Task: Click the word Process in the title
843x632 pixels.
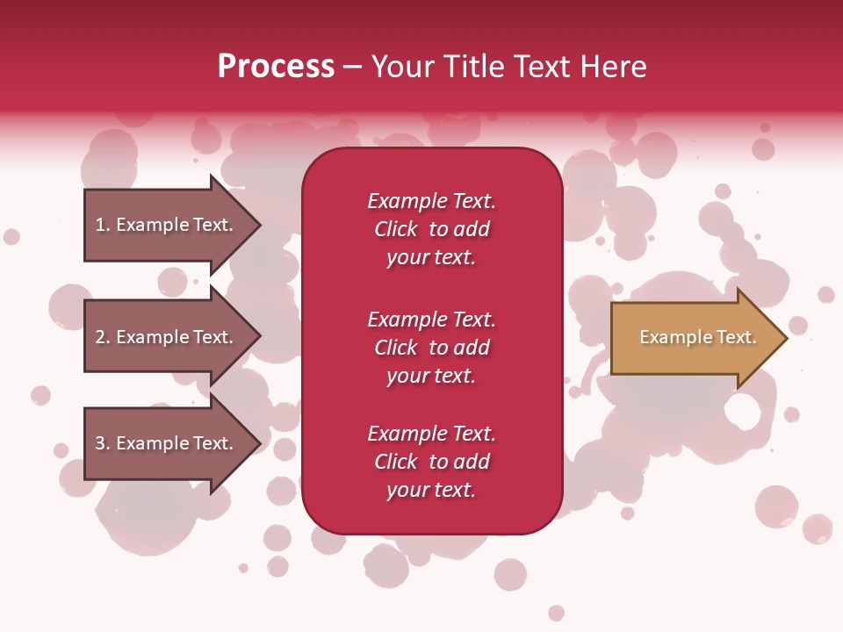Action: point(276,67)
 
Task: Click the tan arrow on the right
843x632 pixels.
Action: point(694,338)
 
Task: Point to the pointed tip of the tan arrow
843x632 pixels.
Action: point(785,338)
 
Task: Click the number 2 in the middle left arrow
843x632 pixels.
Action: point(101,337)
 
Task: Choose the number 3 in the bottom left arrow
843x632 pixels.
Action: point(101,443)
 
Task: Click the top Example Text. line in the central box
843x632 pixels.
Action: point(431,201)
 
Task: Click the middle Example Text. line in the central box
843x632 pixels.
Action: point(431,319)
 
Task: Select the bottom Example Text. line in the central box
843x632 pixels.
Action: point(431,434)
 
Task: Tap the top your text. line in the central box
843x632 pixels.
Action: point(431,257)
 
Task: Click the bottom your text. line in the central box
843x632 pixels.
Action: point(431,490)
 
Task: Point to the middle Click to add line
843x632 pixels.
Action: point(431,348)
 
